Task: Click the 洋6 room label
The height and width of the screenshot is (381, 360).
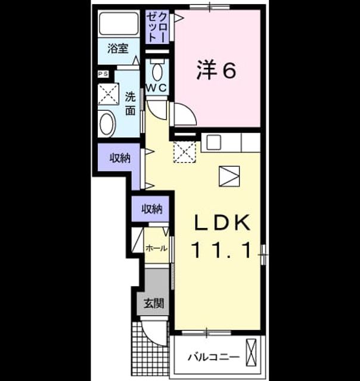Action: [x=216, y=70]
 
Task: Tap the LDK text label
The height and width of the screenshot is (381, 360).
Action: [x=222, y=223]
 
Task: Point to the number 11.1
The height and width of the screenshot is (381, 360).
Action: [x=222, y=250]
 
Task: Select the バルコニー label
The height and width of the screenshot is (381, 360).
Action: [x=213, y=357]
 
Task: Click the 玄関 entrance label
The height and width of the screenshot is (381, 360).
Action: [x=154, y=303]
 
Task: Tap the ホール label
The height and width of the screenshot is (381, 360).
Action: [x=156, y=248]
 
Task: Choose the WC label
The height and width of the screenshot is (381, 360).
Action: [x=156, y=88]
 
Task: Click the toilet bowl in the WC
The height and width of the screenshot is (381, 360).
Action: [x=157, y=72]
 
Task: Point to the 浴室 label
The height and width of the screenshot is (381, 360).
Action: [x=118, y=49]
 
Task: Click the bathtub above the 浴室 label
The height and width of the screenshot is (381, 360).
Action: [x=119, y=24]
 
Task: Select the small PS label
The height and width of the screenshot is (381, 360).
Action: [x=103, y=74]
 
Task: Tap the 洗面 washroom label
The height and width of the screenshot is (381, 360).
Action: [x=131, y=104]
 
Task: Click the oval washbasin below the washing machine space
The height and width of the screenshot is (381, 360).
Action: [x=107, y=124]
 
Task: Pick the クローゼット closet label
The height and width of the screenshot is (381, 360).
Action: [x=157, y=27]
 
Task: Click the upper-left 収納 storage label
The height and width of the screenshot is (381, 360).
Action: [x=120, y=158]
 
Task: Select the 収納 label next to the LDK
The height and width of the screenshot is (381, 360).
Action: [x=152, y=209]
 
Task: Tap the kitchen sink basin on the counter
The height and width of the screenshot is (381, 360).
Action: [x=214, y=142]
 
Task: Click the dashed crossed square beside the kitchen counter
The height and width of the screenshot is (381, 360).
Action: [x=185, y=152]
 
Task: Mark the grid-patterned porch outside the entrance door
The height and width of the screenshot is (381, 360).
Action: [x=149, y=349]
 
